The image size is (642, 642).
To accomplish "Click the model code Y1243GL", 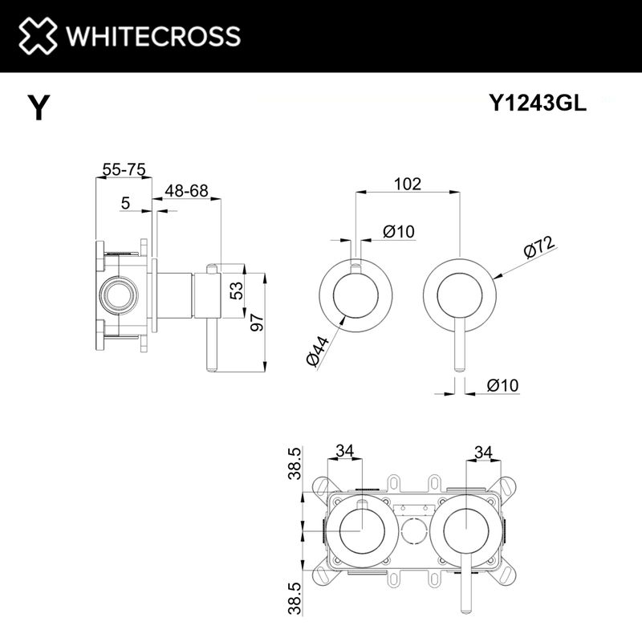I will pos(538,103).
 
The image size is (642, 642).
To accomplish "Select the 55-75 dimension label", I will pos(124,169).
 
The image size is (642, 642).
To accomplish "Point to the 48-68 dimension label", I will pos(186,190).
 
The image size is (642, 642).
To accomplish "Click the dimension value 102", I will pos(408,184).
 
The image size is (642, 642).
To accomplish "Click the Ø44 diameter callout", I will pos(319,351).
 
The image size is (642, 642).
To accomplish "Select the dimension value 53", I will pos(237,291).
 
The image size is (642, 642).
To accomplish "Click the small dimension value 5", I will pos(126,204).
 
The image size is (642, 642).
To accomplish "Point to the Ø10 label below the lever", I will pos(503,385).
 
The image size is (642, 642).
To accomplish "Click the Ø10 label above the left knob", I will pos(398,232).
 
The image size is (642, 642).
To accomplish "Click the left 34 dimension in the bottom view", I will pos(345,452).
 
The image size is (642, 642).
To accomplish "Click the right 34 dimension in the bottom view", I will pos(482,452).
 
